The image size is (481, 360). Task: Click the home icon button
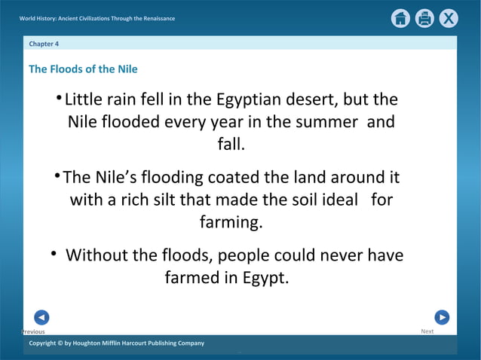pos(400,19)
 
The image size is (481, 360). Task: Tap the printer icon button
pos(424,19)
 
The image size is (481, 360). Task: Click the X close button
pos(449,19)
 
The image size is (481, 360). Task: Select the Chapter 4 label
pos(44,44)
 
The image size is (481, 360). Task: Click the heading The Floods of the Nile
pos(83,69)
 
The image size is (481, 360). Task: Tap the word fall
pos(231,143)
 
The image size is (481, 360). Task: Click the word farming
pos(231,222)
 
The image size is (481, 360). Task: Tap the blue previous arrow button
pos(41,317)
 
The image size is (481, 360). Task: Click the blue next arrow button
pos(442,317)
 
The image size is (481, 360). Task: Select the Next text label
pos(427,331)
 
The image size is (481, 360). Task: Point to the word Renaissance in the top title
pos(155,18)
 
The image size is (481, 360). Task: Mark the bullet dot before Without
pos(54,254)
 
